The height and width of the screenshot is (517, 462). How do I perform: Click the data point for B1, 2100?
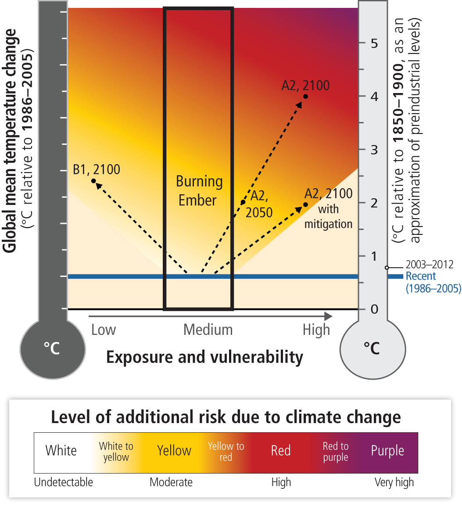(x=93, y=181)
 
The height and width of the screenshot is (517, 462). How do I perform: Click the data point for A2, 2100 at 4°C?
(x=305, y=97)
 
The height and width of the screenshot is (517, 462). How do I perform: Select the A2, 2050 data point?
(x=243, y=202)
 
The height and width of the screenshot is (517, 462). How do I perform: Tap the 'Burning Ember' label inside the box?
(x=199, y=191)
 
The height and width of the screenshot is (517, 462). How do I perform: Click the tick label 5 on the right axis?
(x=374, y=43)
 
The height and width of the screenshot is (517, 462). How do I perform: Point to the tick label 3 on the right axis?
(x=374, y=150)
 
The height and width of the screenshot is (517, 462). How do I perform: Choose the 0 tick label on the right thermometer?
(x=374, y=309)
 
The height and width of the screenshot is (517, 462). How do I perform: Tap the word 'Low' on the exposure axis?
(x=104, y=330)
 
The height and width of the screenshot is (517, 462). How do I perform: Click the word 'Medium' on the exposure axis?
(x=208, y=330)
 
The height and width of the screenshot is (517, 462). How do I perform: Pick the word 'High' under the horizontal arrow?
(x=316, y=330)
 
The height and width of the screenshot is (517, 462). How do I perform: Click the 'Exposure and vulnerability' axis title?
(x=204, y=357)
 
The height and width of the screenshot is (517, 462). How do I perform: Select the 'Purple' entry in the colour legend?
(x=387, y=451)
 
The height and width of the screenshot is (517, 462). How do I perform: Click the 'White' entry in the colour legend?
(x=61, y=451)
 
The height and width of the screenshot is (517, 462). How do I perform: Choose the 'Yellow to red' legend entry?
(x=226, y=452)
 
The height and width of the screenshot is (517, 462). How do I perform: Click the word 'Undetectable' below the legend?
(x=64, y=482)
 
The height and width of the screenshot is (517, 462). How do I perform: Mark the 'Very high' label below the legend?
(x=394, y=482)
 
